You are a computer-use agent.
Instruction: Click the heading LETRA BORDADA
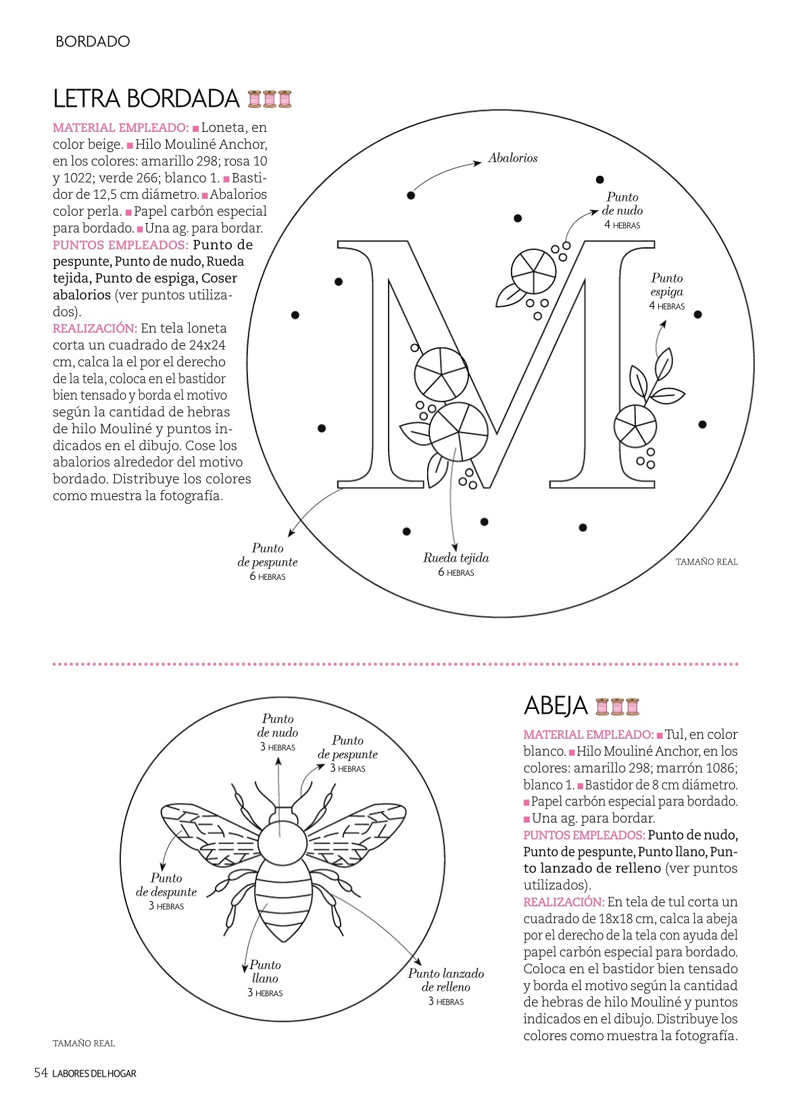pos(146,99)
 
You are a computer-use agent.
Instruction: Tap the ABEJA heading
pos(556,706)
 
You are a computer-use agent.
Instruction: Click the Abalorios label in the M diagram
pos(513,158)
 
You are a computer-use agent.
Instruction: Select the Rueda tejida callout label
pos(456,558)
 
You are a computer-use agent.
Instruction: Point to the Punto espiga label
pos(667,285)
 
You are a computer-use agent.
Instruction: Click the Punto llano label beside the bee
pos(265,972)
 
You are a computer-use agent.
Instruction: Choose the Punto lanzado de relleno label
pos(446,980)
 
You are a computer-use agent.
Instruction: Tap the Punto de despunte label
pos(166,885)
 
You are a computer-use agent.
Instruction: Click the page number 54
pos(41,1073)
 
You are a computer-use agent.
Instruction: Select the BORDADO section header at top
pos(93,41)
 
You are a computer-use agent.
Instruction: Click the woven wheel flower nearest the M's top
pos(533,272)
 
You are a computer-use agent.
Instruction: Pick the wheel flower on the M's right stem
pos(635,425)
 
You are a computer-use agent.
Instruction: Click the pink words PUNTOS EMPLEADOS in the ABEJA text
pos(584,835)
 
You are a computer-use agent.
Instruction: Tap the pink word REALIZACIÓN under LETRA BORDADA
pos(95,328)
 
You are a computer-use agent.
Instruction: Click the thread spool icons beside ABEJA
pos(617,706)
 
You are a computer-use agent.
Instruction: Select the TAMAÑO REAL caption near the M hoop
pos(706,562)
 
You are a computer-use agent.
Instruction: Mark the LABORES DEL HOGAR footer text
pos(94,1073)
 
